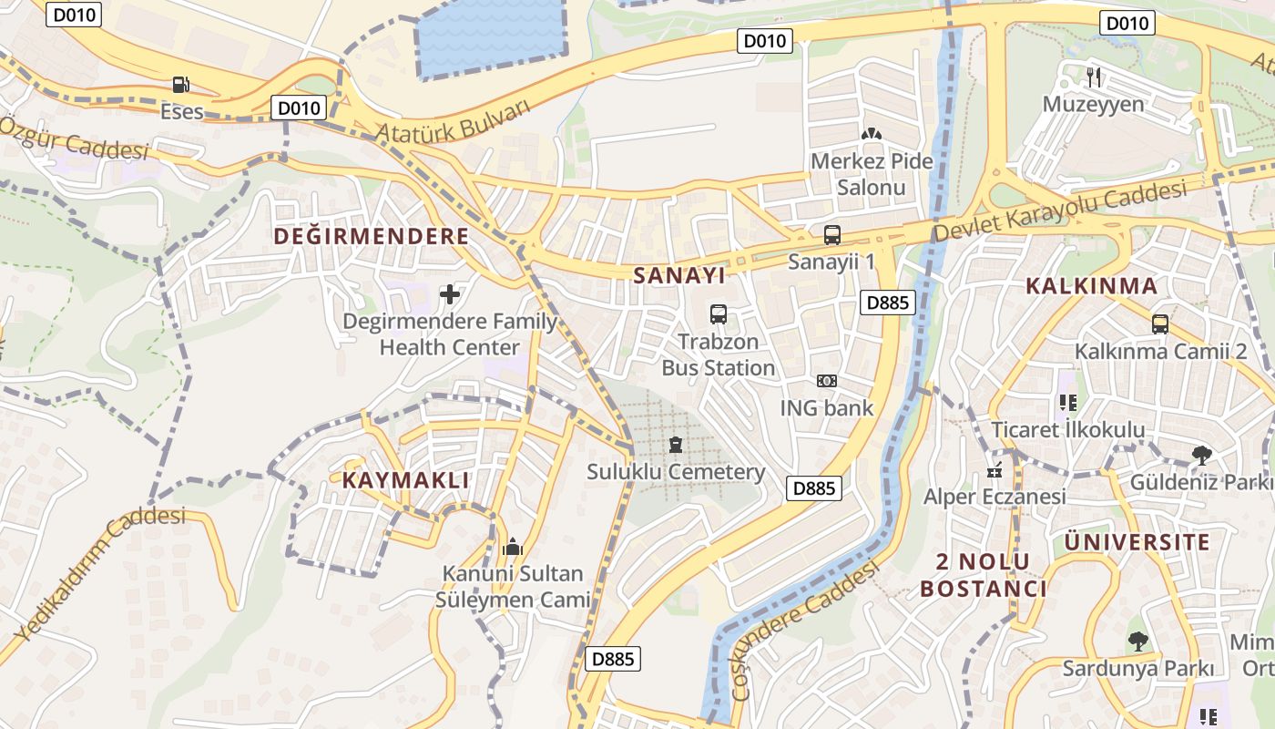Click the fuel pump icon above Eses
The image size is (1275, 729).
[x=181, y=85]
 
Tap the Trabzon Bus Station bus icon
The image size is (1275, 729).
[x=719, y=314]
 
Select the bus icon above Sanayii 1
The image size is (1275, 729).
[x=831, y=234]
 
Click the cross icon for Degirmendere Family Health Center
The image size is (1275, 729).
[x=449, y=294]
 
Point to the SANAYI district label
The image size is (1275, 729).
[x=678, y=275]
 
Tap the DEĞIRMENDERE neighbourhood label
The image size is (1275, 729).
[x=372, y=237]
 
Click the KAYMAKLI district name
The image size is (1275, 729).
[x=406, y=480]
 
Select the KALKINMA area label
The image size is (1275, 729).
[x=1091, y=286]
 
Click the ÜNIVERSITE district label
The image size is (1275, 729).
[x=1137, y=542]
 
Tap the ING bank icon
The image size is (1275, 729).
[x=826, y=381]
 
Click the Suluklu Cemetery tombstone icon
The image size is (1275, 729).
[x=675, y=445]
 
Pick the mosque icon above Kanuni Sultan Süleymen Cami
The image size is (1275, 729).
[x=513, y=547]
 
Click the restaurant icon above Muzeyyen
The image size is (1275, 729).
[x=1094, y=77]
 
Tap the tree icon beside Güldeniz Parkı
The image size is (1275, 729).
[x=1201, y=455]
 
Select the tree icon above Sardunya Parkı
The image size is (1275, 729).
[x=1137, y=641]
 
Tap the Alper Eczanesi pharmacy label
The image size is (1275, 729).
[x=994, y=497]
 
